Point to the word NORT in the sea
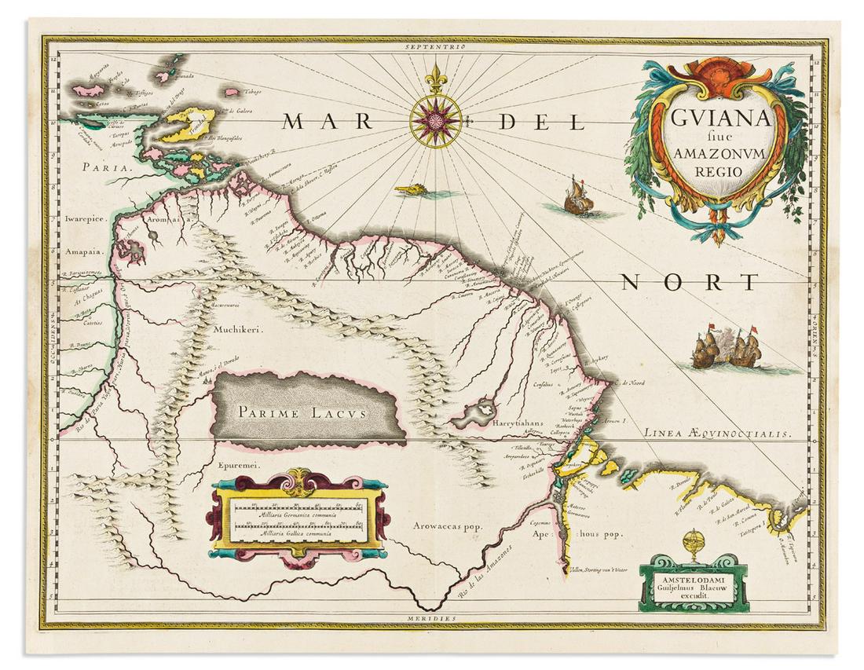(x=690, y=282)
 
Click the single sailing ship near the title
(x=579, y=197)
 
